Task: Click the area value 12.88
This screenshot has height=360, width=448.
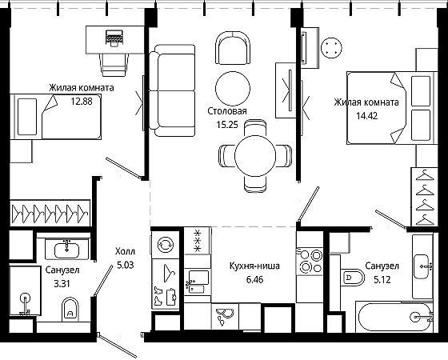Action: click(x=82, y=101)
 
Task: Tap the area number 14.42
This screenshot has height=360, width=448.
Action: click(x=367, y=116)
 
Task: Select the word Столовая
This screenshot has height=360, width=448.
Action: click(x=227, y=111)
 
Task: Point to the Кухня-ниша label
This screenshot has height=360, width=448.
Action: click(x=254, y=266)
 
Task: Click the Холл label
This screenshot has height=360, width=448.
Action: click(x=125, y=252)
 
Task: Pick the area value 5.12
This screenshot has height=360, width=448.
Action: click(x=382, y=279)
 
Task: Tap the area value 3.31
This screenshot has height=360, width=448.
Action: click(x=62, y=284)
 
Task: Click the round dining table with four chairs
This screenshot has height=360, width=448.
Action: click(x=255, y=156)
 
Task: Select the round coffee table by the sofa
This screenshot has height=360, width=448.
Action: click(x=233, y=89)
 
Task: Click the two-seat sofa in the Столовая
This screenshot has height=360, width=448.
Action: click(x=173, y=90)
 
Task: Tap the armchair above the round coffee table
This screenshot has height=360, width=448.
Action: click(x=233, y=48)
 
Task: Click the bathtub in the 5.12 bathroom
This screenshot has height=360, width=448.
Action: click(x=396, y=317)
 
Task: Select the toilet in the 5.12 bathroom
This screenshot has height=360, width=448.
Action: click(x=353, y=277)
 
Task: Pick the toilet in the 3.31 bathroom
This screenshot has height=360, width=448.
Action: click(x=70, y=310)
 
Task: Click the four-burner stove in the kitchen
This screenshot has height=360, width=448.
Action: click(x=310, y=262)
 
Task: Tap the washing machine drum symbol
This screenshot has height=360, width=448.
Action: click(x=166, y=245)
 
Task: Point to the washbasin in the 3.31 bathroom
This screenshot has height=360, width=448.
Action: click(x=67, y=250)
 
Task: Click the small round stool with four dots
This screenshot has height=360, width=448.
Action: click(x=331, y=48)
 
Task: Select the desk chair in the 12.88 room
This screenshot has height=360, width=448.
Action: click(x=114, y=65)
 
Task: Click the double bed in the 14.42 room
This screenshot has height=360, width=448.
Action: click(x=392, y=108)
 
